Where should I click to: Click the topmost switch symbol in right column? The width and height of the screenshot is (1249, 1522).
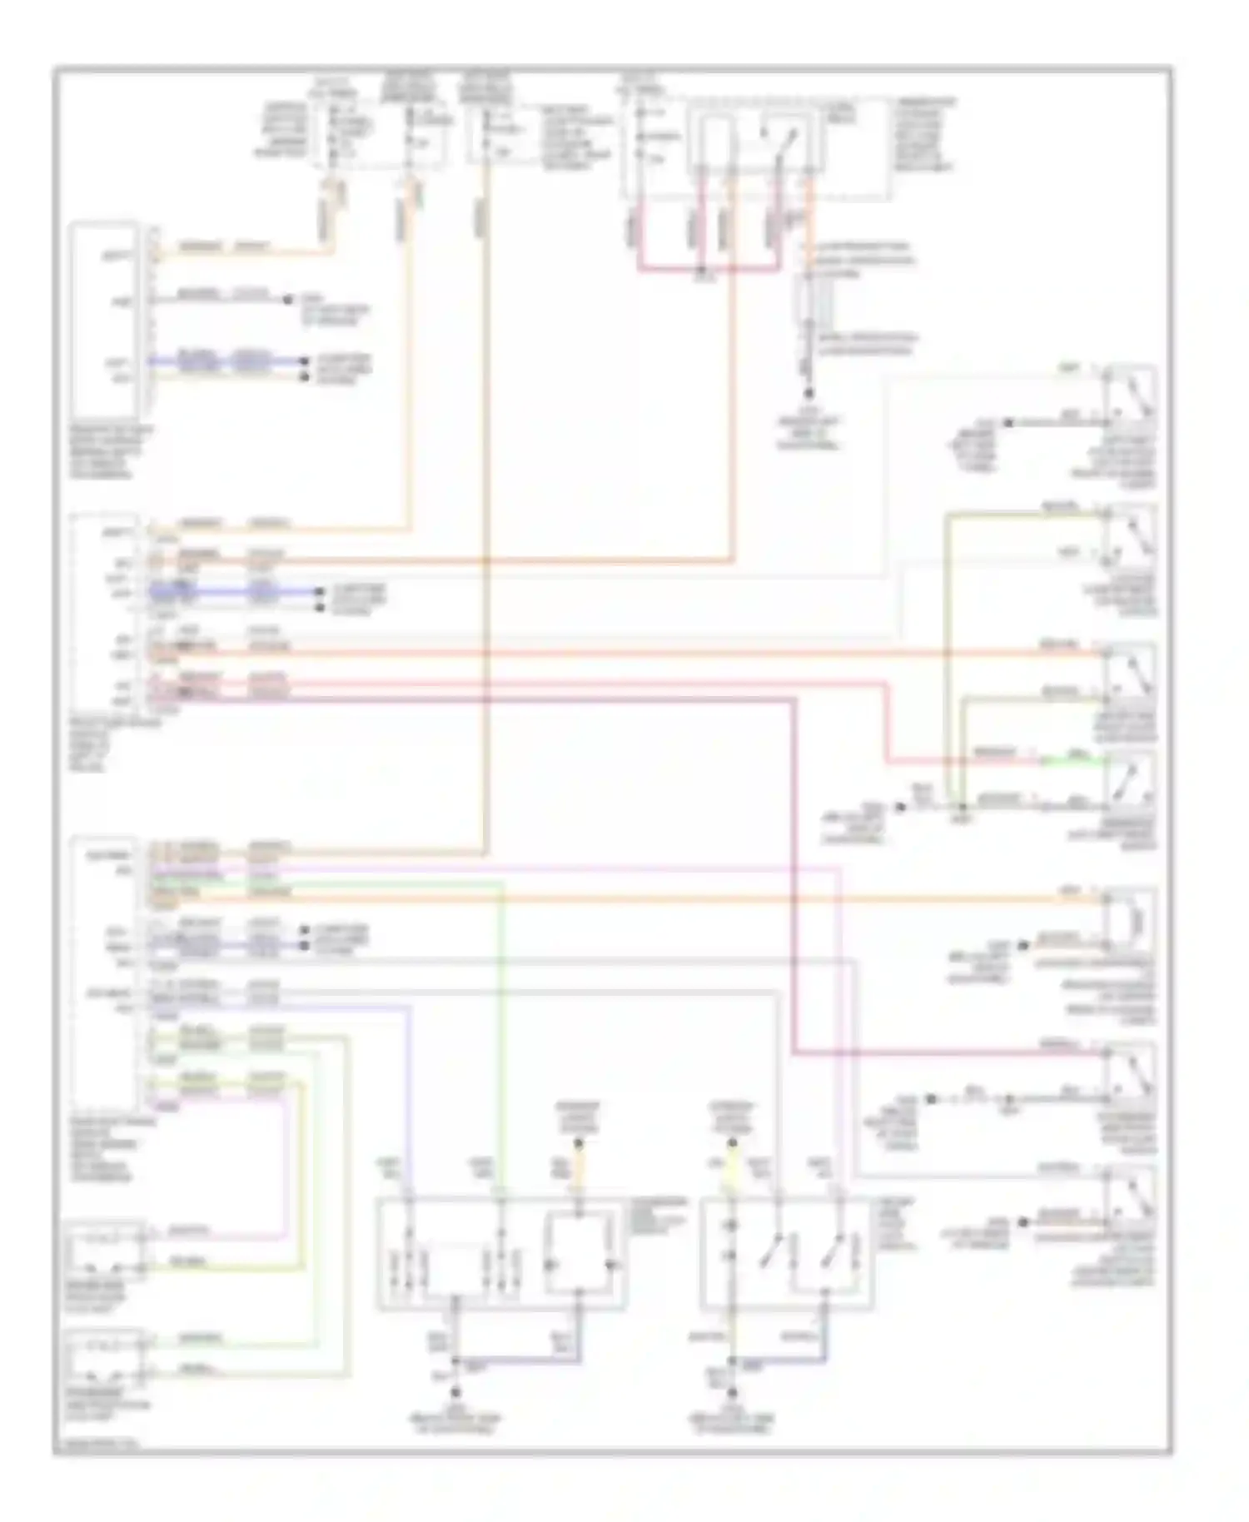[x=1130, y=395]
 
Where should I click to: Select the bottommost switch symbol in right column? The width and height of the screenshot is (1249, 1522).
[x=1130, y=1196]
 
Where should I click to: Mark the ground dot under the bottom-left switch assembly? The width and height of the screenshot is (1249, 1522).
[x=455, y=1391]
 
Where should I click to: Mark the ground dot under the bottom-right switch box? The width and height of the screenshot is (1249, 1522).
[x=733, y=1391]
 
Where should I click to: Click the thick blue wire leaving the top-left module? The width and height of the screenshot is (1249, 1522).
[x=225, y=362]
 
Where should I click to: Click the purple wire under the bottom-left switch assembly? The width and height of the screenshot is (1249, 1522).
[x=516, y=1362]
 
